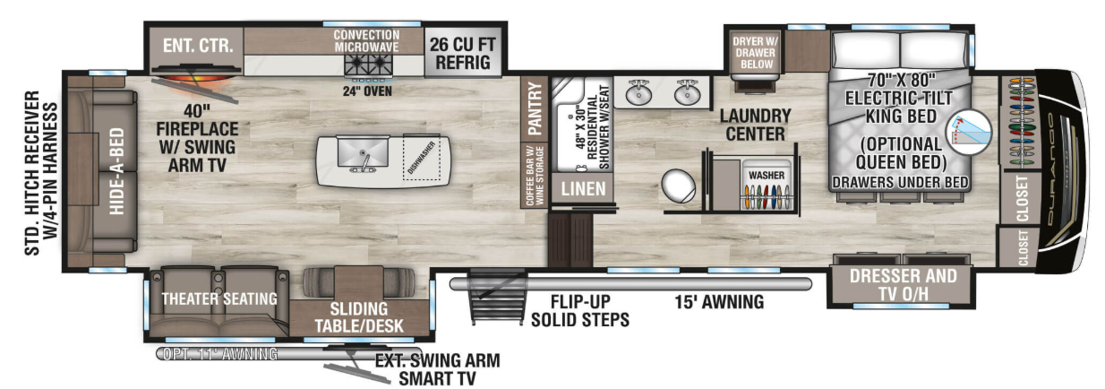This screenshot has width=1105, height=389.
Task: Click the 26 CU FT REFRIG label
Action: click(x=462, y=53)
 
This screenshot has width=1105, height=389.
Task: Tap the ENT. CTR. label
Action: click(x=198, y=46)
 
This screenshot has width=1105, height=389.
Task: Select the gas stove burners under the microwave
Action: click(x=369, y=65)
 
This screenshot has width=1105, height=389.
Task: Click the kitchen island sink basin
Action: click(x=363, y=153)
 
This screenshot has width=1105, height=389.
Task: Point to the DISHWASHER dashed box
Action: click(x=422, y=158)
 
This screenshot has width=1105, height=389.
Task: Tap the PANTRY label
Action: click(x=535, y=108)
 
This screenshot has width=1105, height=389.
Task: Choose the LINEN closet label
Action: click(x=583, y=188)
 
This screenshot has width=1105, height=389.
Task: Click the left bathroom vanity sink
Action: click(x=638, y=93)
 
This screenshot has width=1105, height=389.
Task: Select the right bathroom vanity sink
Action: click(x=688, y=93)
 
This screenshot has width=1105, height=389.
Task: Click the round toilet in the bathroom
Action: click(x=678, y=186)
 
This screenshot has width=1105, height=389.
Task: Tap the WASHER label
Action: click(x=767, y=176)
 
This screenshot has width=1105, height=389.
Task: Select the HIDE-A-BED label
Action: click(x=116, y=171)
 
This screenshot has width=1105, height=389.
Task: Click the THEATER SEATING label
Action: click(x=219, y=298)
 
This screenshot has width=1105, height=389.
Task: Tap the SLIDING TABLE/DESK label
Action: click(x=359, y=317)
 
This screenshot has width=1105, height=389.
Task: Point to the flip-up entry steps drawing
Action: click(x=497, y=296)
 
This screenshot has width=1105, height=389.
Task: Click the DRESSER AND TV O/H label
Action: click(x=903, y=285)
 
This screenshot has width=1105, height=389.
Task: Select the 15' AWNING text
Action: click(x=719, y=302)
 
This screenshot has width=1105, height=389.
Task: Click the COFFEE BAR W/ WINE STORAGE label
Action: click(x=535, y=176)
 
